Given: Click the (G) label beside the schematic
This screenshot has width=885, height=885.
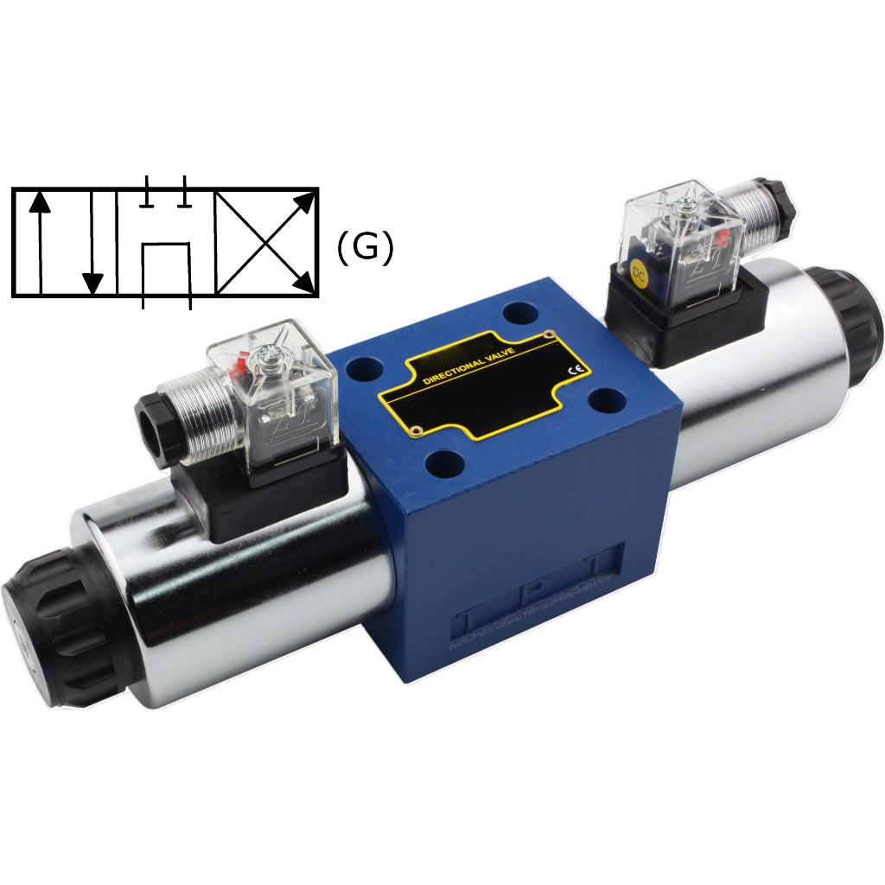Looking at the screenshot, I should pyautogui.click(x=365, y=248).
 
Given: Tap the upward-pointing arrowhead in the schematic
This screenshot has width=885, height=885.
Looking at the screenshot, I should pyautogui.click(x=39, y=201).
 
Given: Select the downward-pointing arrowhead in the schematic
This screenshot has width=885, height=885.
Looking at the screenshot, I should pyautogui.click(x=92, y=283).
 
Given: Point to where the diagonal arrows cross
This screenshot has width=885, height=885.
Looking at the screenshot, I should pyautogui.click(x=264, y=243).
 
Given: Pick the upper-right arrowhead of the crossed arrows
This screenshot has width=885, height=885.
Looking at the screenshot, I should pyautogui.click(x=306, y=203).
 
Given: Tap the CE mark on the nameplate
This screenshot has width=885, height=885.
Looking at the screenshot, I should pyautogui.click(x=573, y=370).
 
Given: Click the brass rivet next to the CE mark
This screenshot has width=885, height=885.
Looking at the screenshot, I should pyautogui.click(x=548, y=334).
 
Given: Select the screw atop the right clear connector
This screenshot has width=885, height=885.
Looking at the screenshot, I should pyautogui.click(x=684, y=205).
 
